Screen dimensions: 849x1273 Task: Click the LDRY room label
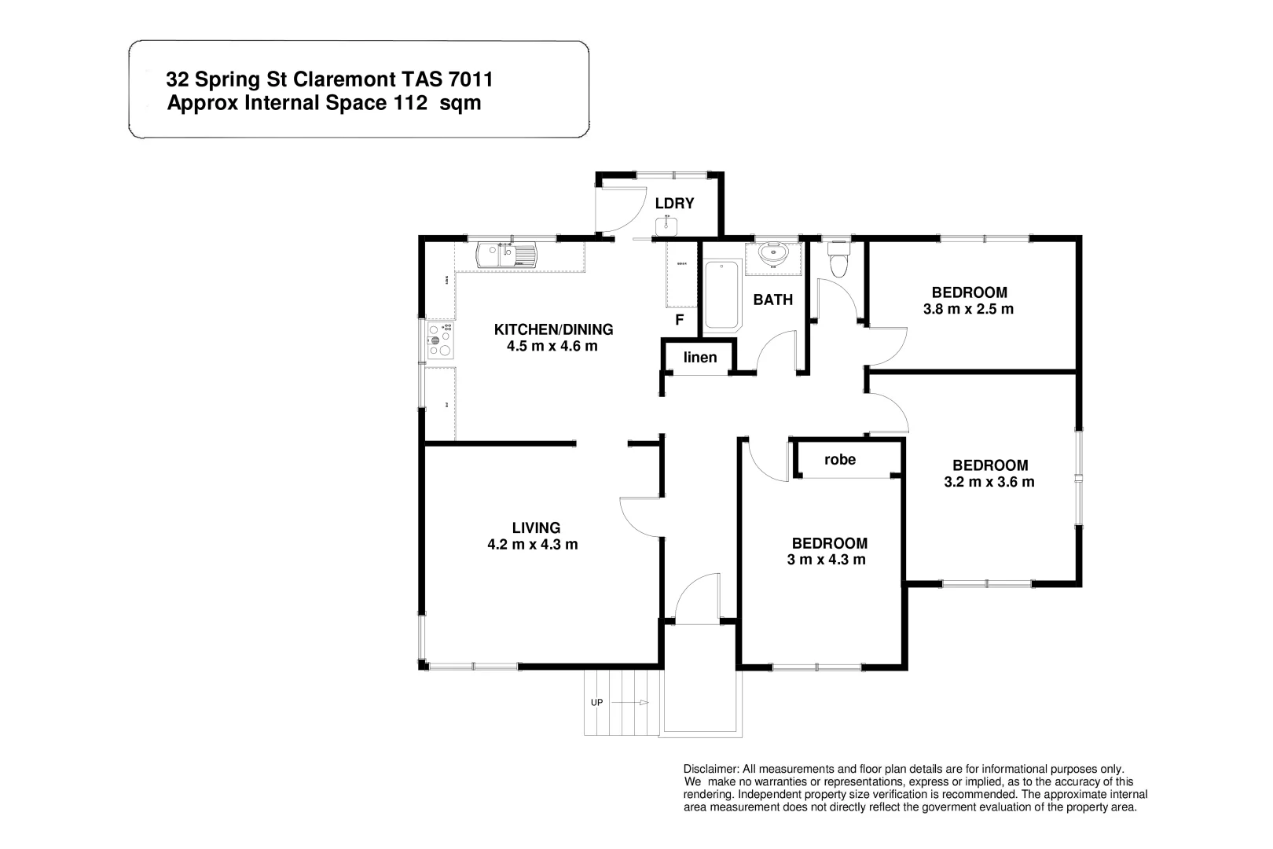click(x=674, y=204)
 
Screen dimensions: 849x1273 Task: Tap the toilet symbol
click(x=838, y=260)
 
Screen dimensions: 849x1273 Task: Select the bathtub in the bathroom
click(x=722, y=295)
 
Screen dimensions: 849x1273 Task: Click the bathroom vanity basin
click(x=773, y=254)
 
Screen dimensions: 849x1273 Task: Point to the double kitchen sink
click(x=506, y=255)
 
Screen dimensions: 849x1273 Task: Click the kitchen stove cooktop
click(x=440, y=340)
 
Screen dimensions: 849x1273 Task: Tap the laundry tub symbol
click(x=666, y=226)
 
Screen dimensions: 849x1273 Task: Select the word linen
click(x=700, y=358)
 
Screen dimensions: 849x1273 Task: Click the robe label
click(x=840, y=459)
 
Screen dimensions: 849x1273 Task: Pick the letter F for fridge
click(x=680, y=320)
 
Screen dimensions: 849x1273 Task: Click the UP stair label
click(x=596, y=702)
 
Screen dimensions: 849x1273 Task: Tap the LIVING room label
click(x=536, y=527)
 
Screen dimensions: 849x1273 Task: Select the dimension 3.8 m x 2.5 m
click(x=968, y=309)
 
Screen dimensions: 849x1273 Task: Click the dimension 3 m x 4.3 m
click(x=826, y=560)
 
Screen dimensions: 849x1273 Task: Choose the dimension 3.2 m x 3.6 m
click(x=989, y=482)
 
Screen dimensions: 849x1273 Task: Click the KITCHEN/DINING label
click(x=552, y=329)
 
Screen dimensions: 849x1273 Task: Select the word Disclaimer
click(x=710, y=769)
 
